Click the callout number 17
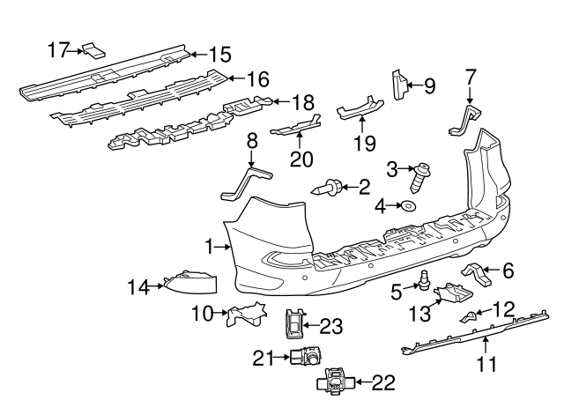(x=59, y=50)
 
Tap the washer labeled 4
(x=410, y=207)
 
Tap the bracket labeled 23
(x=294, y=324)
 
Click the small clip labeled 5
(x=426, y=282)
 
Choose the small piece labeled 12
(x=471, y=314)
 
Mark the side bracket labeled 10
(x=247, y=313)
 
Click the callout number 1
(x=209, y=248)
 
